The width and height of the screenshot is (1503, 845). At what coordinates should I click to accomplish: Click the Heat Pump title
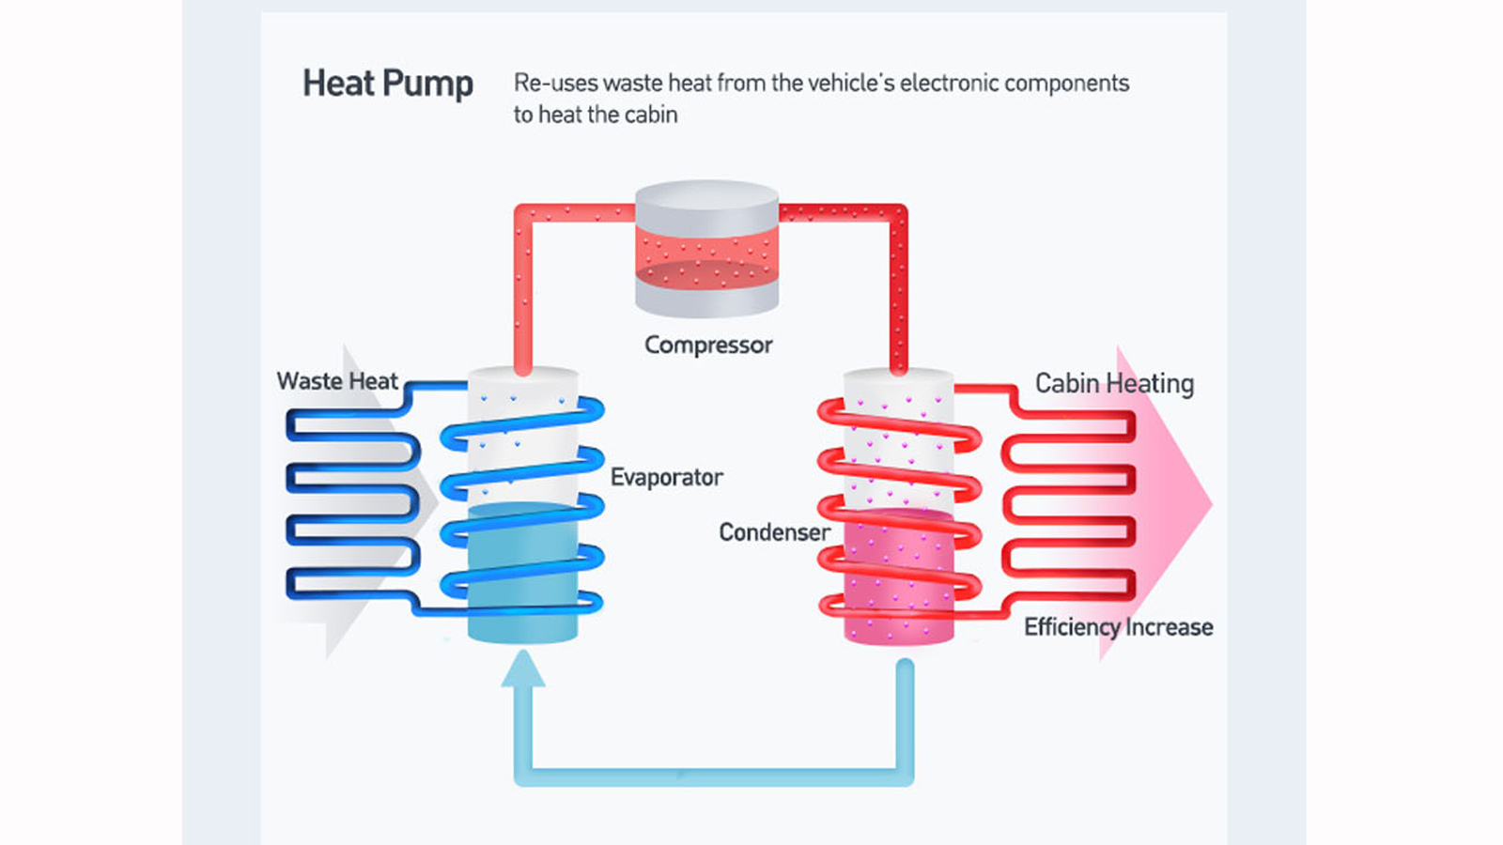pos(387,84)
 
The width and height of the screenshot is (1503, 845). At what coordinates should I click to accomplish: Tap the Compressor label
pos(708,346)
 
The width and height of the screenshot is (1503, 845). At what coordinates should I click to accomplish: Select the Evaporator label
pos(666,478)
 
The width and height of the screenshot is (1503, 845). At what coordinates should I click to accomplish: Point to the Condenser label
pos(774,532)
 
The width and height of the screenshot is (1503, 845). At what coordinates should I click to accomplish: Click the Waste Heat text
pos(337,381)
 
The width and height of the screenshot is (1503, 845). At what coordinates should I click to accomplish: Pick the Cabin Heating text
pos(1114,383)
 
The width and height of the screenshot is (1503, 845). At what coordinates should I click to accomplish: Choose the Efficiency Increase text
pos(1118,627)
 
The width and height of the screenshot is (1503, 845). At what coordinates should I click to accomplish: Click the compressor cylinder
pos(706,249)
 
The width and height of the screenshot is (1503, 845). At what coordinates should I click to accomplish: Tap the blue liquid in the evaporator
pos(522,573)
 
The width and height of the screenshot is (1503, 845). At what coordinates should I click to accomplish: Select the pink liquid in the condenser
pos(899,577)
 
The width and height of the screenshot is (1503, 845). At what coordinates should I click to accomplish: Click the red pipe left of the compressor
pos(523,282)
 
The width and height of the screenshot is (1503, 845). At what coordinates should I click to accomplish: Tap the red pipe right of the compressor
pos(898,282)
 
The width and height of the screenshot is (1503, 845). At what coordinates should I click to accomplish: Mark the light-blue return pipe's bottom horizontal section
pos(714,776)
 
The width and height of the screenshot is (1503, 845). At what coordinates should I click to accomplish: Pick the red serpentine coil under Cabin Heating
pos(1068,506)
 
